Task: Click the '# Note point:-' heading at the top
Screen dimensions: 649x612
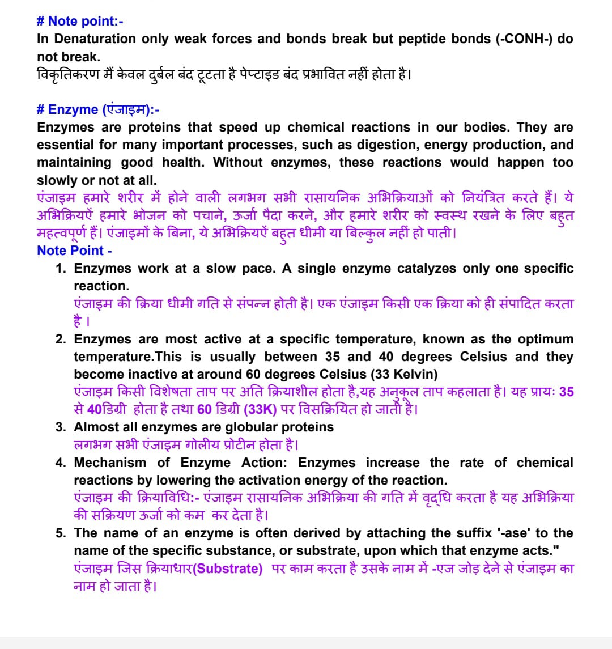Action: pyautogui.click(x=80, y=22)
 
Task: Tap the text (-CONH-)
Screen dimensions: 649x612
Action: pyautogui.click(x=524, y=39)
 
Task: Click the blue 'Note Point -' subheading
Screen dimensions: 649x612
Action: pyautogui.click(x=74, y=251)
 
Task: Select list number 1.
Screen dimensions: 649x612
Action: pyautogui.click(x=60, y=269)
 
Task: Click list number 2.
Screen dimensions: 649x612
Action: pyautogui.click(x=60, y=340)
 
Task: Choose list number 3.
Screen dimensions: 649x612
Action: pyautogui.click(x=60, y=427)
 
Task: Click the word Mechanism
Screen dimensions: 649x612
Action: pyautogui.click(x=109, y=463)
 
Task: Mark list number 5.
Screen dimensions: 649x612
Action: pyautogui.click(x=60, y=533)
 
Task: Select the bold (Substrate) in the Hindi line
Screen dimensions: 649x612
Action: pyautogui.click(x=227, y=569)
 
